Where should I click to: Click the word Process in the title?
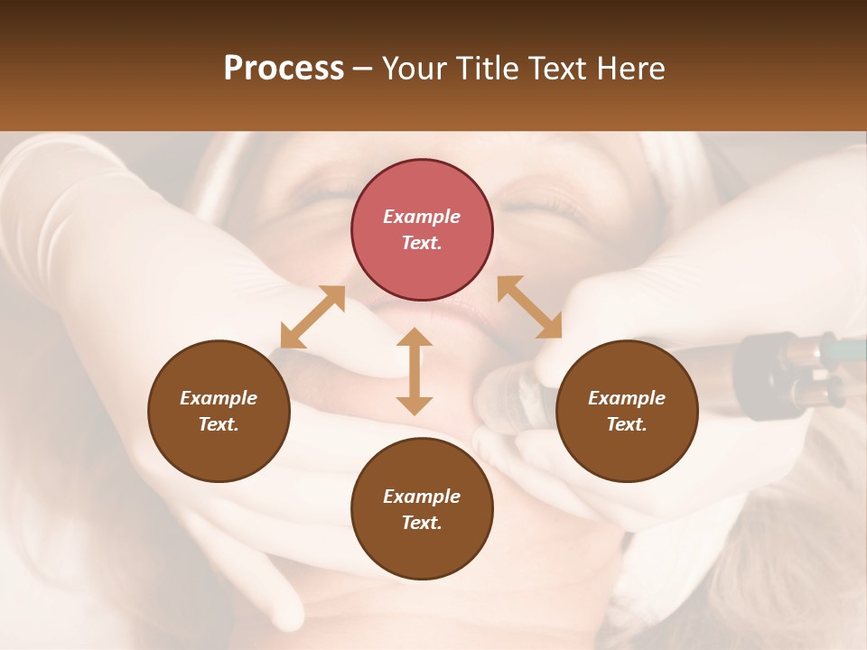point(284,69)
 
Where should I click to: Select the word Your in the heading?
point(414,69)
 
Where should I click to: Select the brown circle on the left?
point(219,411)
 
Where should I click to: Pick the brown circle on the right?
point(627,411)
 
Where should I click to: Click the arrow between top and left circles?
point(312,317)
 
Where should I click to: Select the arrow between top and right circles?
point(529,307)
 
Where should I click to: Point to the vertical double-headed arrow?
point(415,371)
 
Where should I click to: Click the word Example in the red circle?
point(422,217)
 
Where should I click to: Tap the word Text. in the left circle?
point(219,424)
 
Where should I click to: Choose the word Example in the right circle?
point(627,398)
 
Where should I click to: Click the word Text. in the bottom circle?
point(422,523)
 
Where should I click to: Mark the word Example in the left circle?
point(219,398)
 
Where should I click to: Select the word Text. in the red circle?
point(422,243)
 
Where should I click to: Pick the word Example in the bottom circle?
point(422,497)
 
